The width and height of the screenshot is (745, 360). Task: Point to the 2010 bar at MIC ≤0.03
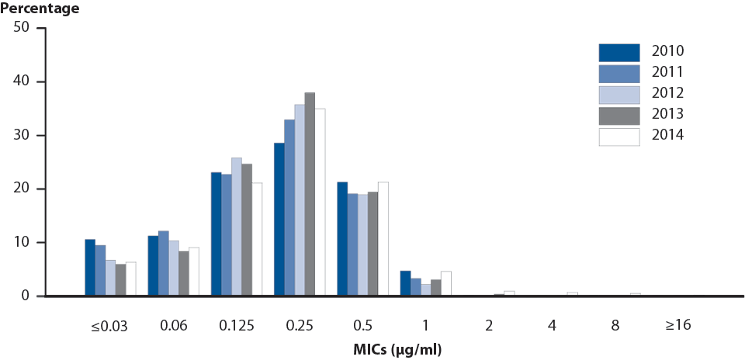[x=90, y=268]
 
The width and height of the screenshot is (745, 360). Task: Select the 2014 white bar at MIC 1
[x=445, y=283]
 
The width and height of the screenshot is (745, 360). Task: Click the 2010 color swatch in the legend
[x=619, y=52]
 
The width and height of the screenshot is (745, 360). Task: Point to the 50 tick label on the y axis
[x=21, y=28]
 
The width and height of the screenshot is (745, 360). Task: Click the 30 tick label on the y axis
[x=21, y=135]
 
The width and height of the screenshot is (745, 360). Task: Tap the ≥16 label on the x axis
[x=677, y=325]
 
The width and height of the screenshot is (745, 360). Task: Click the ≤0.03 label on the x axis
[x=110, y=325]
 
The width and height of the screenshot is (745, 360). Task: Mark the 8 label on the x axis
[x=615, y=325]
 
